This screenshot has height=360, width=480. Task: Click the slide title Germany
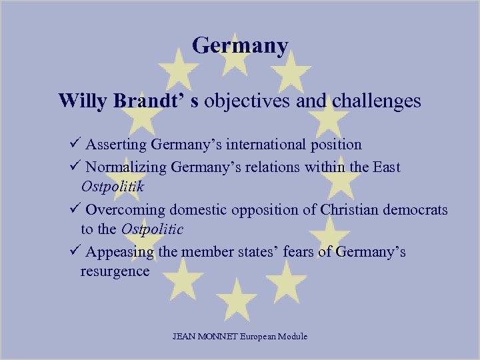[x=240, y=46]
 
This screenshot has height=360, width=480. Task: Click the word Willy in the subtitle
[x=78, y=101]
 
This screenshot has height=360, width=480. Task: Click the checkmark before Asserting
[x=75, y=144]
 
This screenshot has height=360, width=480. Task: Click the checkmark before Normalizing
[x=75, y=167]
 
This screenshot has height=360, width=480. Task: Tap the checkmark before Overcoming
[x=75, y=209]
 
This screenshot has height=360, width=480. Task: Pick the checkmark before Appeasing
[x=75, y=252]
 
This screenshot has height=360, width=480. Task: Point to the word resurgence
[x=115, y=271]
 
